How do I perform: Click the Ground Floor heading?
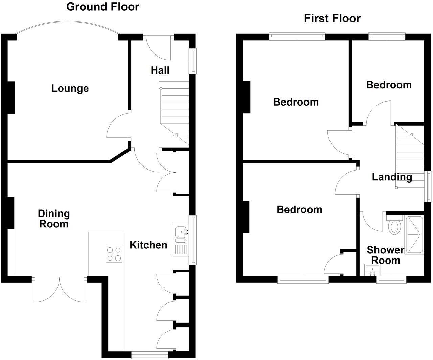[102, 7]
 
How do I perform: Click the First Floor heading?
[332, 18]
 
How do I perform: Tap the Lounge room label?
[70, 88]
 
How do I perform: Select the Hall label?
[160, 70]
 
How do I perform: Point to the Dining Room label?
[54, 219]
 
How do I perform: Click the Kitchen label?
[149, 245]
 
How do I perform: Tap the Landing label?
[392, 177]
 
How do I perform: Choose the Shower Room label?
[385, 255]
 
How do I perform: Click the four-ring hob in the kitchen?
[114, 254]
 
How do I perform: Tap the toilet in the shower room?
[394, 226]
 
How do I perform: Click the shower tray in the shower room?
[414, 234]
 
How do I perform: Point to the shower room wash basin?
[372, 270]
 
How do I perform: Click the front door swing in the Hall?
[159, 47]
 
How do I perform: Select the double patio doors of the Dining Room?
[60, 290]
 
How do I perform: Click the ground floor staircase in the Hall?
[175, 112]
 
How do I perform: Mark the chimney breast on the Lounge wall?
[11, 97]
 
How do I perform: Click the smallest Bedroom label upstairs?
[389, 85]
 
